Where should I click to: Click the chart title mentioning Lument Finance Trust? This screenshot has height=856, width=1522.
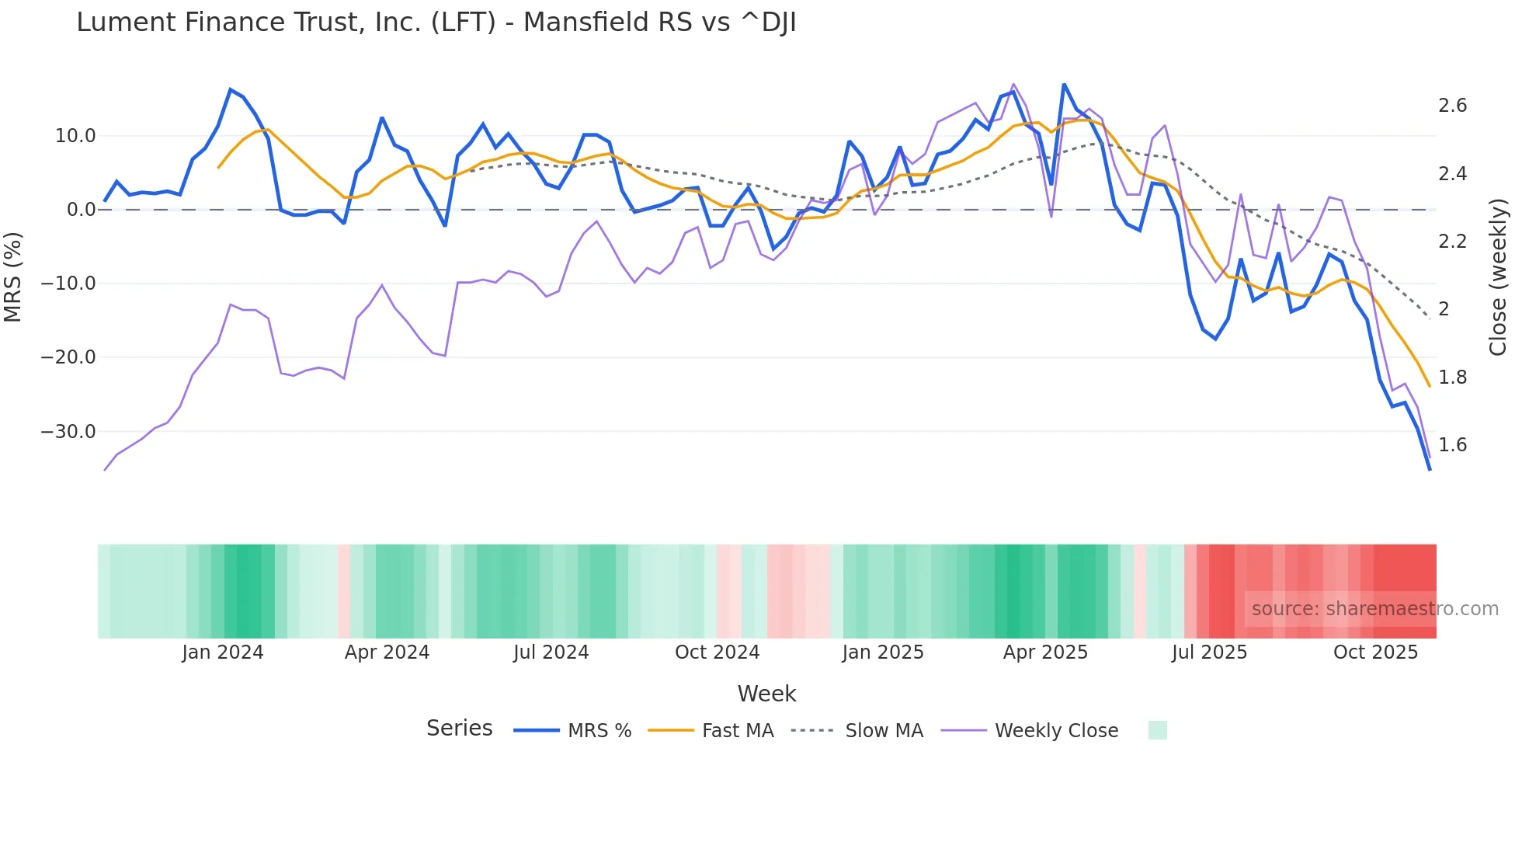coord(436,23)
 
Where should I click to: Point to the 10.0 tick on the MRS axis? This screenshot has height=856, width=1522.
coord(75,136)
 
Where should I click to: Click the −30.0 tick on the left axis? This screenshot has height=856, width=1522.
coord(68,432)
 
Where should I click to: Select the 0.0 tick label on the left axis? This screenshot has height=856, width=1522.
coord(81,210)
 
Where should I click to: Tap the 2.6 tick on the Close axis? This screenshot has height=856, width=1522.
coord(1452,106)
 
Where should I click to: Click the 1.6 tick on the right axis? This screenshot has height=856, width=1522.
coord(1452,445)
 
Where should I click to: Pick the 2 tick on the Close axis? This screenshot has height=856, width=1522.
coord(1444,309)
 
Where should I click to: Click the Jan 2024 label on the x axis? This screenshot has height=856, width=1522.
coord(223,652)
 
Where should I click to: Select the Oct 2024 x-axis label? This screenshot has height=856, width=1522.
coord(717,652)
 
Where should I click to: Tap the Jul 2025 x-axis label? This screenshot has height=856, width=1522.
coord(1209,652)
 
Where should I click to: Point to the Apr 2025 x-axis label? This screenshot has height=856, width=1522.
coord(1045,652)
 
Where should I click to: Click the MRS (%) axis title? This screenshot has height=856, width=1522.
coord(13,277)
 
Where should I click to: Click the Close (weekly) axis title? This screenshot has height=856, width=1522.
coord(1498,277)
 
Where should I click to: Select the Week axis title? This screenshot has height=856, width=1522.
coord(766,694)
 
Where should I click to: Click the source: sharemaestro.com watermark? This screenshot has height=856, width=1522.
coord(1374,609)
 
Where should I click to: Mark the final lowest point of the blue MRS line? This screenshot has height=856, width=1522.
coord(1430,469)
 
